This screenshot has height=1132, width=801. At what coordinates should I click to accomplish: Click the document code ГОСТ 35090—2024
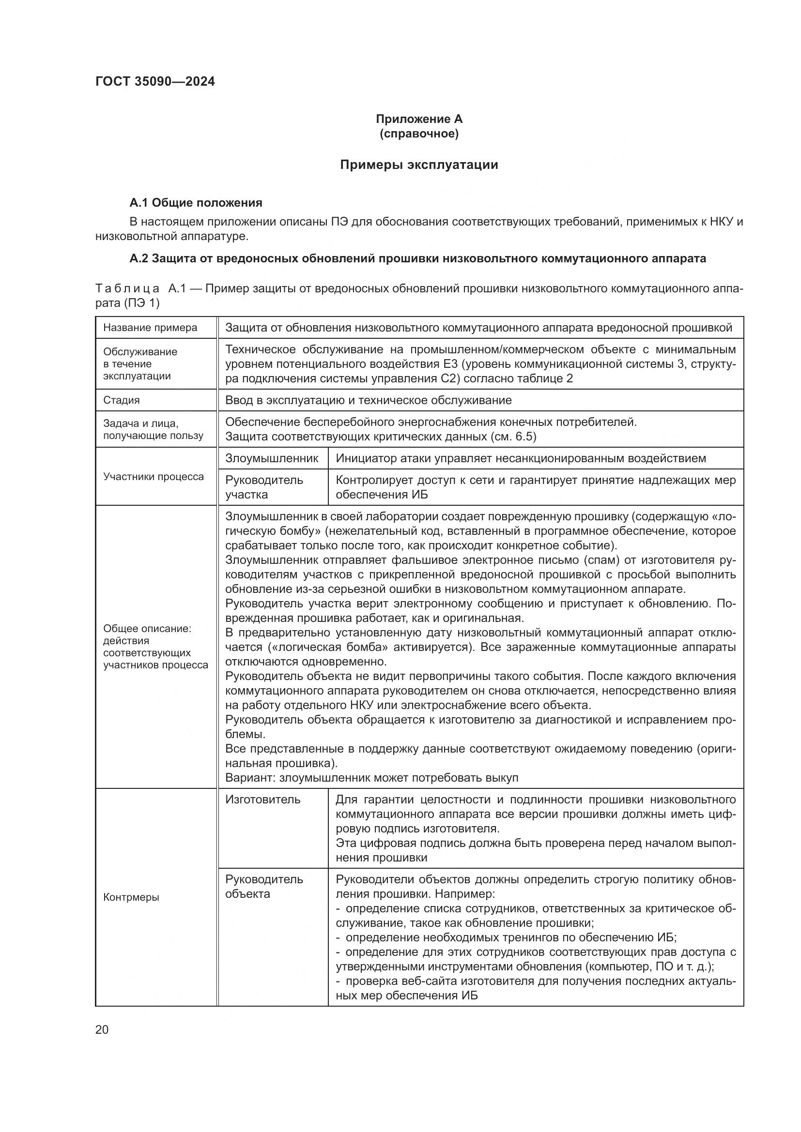(155, 81)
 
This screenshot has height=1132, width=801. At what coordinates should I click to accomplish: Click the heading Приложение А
(419, 119)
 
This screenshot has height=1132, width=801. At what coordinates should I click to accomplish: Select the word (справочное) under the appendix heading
(419, 134)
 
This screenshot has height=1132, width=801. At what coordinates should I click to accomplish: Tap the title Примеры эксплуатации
(419, 165)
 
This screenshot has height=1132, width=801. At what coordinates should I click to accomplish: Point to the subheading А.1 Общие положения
(195, 203)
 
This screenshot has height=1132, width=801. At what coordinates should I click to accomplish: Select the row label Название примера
(150, 328)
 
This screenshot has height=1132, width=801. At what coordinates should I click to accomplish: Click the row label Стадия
(122, 400)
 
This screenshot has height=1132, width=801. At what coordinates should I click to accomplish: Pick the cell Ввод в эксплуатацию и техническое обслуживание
(368, 400)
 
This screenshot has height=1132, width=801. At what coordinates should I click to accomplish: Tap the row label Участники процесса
(154, 476)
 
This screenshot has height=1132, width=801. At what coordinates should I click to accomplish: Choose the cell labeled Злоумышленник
(272, 458)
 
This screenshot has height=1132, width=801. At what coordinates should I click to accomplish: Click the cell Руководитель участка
(264, 487)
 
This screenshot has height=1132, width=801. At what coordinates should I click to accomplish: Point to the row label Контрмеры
(131, 897)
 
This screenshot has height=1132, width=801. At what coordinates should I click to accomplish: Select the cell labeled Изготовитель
(262, 799)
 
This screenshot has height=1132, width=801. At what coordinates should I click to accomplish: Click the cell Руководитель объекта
(264, 887)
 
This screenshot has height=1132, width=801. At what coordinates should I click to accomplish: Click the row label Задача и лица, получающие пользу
(153, 429)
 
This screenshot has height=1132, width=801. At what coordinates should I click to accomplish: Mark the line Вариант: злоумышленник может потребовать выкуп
(371, 778)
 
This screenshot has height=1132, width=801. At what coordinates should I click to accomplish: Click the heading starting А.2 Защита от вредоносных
(417, 258)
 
